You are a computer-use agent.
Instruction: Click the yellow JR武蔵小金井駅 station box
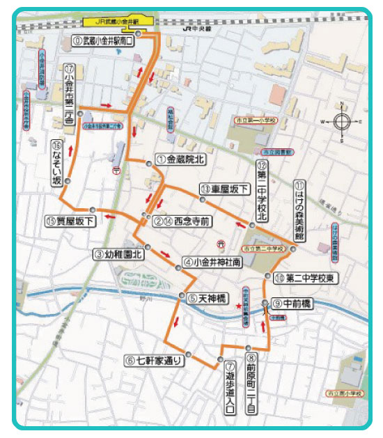click(110, 22)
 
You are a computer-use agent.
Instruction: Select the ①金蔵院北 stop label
click(180, 159)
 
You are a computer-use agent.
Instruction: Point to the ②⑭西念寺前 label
click(182, 221)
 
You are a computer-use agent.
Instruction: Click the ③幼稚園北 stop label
click(118, 254)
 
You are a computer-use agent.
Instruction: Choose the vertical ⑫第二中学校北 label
click(262, 190)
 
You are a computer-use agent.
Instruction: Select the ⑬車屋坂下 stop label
click(224, 189)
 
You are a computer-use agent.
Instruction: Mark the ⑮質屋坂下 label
click(72, 221)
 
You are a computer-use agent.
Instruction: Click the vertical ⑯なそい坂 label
click(58, 163)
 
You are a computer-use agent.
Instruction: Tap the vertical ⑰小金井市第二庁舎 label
click(70, 93)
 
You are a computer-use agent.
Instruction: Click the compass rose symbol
click(342, 121)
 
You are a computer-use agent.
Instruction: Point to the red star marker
click(238, 306)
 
